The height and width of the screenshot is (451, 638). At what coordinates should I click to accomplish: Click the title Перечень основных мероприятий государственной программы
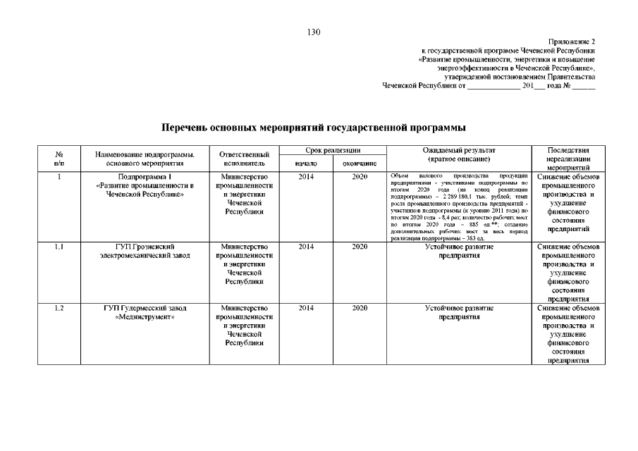tap(314, 128)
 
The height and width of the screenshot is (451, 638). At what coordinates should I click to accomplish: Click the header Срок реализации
tap(333, 151)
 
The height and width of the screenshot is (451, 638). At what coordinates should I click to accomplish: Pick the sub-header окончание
tap(360, 163)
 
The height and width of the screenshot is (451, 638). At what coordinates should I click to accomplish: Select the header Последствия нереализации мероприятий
tap(568, 159)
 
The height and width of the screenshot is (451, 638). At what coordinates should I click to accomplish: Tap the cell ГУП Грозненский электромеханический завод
tap(145, 252)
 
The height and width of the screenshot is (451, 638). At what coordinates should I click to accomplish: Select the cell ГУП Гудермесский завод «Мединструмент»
tap(145, 313)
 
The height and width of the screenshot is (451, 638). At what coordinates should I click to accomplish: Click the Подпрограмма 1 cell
tap(145, 185)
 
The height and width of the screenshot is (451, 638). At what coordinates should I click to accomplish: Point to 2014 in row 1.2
tap(306, 309)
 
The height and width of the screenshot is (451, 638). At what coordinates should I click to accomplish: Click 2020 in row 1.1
tap(360, 247)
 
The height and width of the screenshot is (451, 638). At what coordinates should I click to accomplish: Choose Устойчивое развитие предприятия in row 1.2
tap(459, 313)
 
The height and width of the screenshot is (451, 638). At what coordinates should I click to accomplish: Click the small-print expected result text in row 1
tap(459, 206)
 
